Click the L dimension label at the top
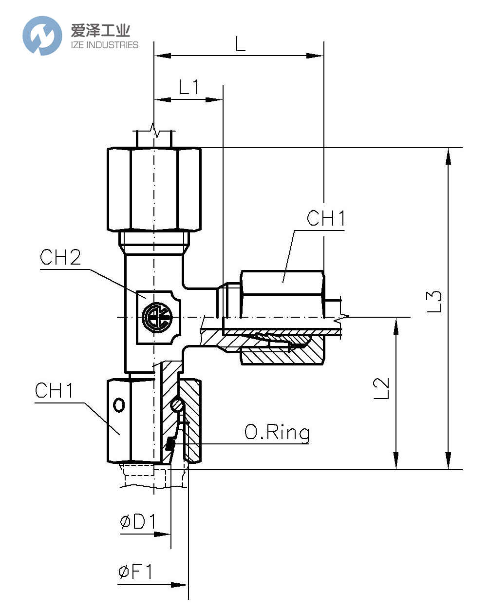point(240,44)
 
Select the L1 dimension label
point(189,87)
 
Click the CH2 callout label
point(60,258)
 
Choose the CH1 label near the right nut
point(326,218)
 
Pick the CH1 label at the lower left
point(54,391)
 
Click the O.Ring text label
point(277,432)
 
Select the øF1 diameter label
point(136,572)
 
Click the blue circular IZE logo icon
point(42,36)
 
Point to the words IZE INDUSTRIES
point(105,45)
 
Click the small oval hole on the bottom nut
point(119,405)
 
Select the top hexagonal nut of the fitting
point(154,189)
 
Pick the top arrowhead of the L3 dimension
point(448,156)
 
